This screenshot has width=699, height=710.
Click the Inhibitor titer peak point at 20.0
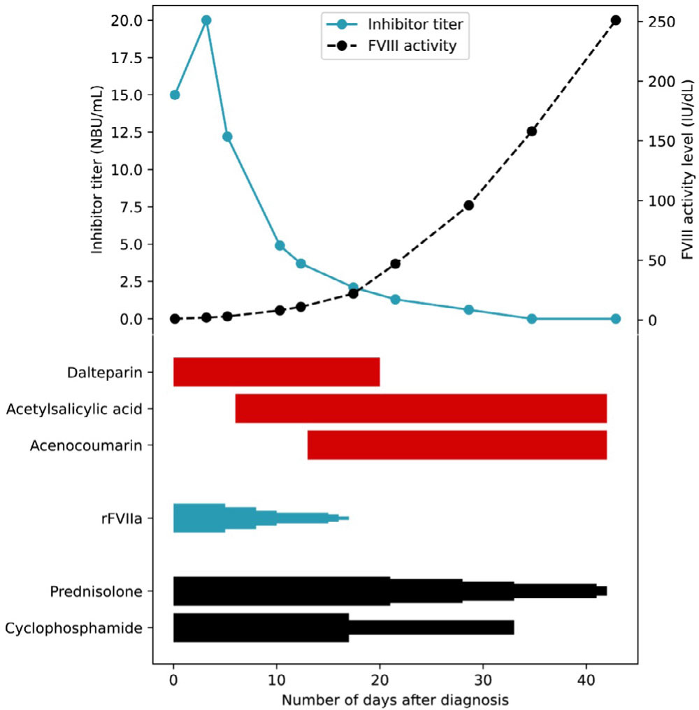(x=206, y=20)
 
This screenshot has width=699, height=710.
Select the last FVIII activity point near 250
(x=615, y=20)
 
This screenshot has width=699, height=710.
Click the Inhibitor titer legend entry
(x=416, y=24)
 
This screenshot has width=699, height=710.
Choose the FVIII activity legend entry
(x=412, y=46)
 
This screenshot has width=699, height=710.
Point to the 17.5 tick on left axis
(x=133, y=57)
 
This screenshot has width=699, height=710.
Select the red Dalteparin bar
(x=276, y=372)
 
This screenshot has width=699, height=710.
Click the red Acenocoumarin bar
(x=456, y=445)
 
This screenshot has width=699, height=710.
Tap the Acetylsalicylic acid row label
(x=79, y=409)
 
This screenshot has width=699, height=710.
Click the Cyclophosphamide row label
(x=78, y=628)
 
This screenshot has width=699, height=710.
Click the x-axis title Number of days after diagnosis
(x=395, y=700)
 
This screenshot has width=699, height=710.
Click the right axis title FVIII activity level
(x=688, y=170)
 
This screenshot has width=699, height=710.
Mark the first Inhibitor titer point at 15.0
(x=175, y=95)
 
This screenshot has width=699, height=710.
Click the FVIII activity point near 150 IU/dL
(x=531, y=131)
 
